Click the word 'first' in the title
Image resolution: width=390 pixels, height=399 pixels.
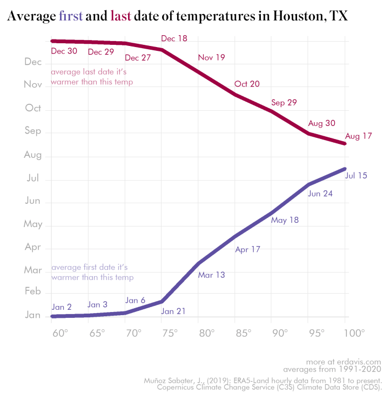click(70, 17)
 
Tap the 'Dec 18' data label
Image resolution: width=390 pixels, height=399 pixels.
click(174, 38)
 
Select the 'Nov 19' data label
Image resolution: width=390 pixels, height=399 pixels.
click(212, 57)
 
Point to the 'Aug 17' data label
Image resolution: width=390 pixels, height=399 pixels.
click(359, 136)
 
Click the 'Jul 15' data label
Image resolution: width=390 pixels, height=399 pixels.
click(356, 175)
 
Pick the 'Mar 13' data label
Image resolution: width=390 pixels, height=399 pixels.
click(212, 275)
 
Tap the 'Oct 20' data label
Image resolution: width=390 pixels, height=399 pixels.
click(247, 84)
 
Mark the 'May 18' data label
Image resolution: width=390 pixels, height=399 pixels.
click(285, 220)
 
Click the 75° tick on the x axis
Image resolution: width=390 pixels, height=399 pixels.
click(170, 332)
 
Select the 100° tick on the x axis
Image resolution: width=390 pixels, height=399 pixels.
click(353, 332)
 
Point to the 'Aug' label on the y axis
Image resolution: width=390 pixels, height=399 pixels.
click(33, 155)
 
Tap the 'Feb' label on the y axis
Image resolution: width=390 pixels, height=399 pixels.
click(33, 291)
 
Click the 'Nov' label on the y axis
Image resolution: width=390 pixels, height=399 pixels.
click(33, 84)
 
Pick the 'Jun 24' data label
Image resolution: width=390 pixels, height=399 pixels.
click(320, 194)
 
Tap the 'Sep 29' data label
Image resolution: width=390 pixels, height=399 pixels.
click(284, 103)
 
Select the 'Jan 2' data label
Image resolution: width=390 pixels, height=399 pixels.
click(62, 307)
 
